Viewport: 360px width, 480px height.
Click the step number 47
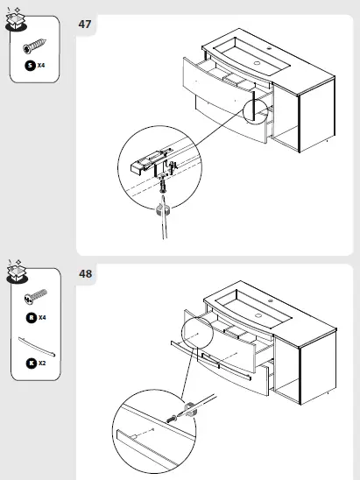tap(86, 24)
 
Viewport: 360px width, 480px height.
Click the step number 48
tap(86, 274)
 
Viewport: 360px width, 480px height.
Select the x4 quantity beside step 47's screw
tap(41, 66)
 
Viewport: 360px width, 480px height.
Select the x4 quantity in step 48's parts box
tap(41, 318)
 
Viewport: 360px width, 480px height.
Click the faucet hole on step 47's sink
tap(258, 62)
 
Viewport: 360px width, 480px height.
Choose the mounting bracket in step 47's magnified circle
tap(145, 160)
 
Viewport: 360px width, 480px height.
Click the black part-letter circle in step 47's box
tap(29, 66)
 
